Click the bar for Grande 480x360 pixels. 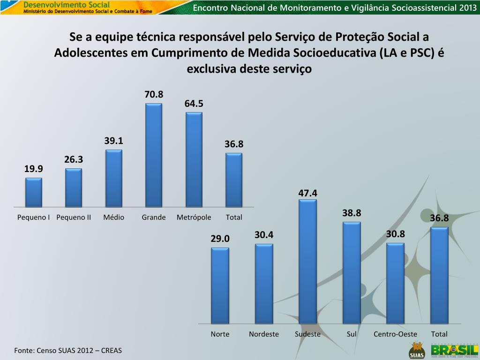pyautogui.click(x=154, y=155)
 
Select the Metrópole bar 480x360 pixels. pyautogui.click(x=194, y=160)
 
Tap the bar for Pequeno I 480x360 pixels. pyautogui.click(x=34, y=192)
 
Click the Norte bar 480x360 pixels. pyautogui.click(x=220, y=285)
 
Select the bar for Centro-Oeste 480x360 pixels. pyautogui.click(x=395, y=283)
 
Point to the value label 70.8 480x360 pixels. pyautogui.click(x=154, y=95)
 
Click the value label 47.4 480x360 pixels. pyautogui.click(x=308, y=193)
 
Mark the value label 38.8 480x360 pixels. pyautogui.click(x=352, y=213)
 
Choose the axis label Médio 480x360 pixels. pyautogui.click(x=114, y=217)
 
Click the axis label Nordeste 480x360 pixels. pyautogui.click(x=264, y=334)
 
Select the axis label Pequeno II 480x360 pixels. pyautogui.click(x=74, y=217)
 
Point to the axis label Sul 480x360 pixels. pyautogui.click(x=352, y=334)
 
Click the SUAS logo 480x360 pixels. pyautogui.click(x=416, y=351)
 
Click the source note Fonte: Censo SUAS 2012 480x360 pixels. pyautogui.click(x=68, y=351)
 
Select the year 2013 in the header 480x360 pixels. pyautogui.click(x=467, y=7)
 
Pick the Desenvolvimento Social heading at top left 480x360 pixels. pyautogui.click(x=60, y=4)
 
